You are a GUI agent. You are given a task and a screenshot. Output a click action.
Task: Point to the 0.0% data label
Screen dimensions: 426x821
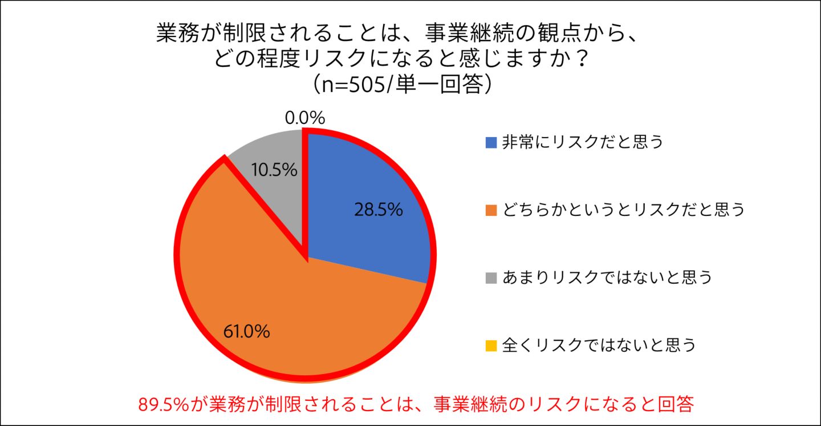(304, 119)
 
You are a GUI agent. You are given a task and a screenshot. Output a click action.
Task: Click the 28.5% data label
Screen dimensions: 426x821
(378, 210)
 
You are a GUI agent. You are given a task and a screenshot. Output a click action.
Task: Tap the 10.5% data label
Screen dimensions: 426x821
(274, 170)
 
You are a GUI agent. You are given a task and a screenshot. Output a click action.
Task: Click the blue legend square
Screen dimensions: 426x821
(491, 142)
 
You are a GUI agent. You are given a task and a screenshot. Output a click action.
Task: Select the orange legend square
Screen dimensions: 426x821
(491, 210)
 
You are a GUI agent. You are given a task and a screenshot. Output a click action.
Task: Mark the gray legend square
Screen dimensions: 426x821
(491, 278)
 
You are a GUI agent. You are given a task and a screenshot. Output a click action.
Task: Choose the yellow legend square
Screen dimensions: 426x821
(491, 345)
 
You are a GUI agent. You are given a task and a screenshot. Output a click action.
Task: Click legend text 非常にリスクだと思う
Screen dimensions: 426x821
(583, 142)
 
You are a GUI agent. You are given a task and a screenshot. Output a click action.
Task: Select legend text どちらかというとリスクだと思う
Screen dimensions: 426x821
(624, 210)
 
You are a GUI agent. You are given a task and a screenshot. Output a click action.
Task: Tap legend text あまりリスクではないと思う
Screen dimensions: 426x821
(607, 278)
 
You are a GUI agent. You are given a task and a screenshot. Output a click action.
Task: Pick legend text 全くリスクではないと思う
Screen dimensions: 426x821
(599, 345)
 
